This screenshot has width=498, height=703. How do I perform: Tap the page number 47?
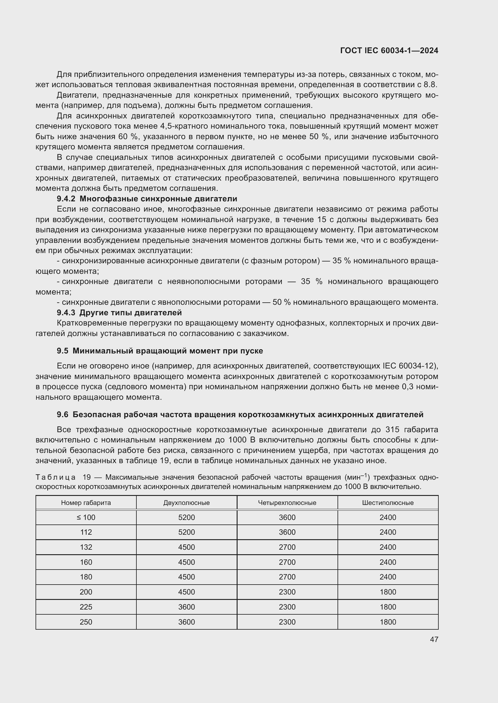434,639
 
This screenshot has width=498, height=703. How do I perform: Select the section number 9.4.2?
66,199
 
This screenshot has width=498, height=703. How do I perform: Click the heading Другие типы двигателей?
130,313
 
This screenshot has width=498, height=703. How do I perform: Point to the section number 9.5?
62,351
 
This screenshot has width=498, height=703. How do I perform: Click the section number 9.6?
62,414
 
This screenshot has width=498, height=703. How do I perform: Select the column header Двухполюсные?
186,503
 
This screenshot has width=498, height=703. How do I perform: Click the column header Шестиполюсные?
388,503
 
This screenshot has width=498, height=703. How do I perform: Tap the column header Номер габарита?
86,503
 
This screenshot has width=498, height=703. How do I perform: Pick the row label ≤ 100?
86,518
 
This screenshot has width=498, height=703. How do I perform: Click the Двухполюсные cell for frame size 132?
186,547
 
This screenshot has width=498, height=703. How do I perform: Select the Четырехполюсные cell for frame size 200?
287,592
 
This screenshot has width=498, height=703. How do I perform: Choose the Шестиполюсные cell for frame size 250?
388,622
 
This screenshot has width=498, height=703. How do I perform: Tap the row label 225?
86,607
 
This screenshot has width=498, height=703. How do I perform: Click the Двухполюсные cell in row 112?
186,532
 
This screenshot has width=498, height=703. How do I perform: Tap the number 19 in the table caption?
87,477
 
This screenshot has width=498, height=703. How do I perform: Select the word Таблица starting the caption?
55,477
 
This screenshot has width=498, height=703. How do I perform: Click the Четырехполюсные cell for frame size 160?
287,562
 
